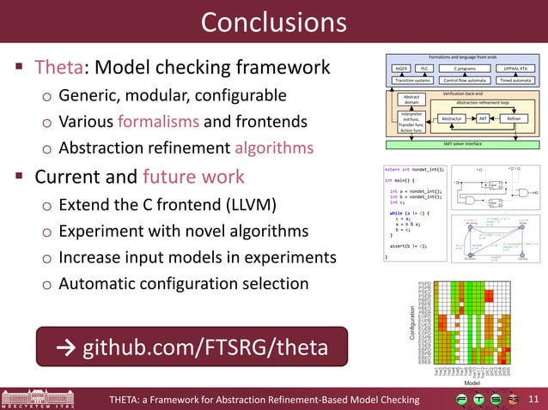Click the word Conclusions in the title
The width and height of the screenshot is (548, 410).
[x=273, y=23]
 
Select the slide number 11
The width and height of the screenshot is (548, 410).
[x=533, y=399]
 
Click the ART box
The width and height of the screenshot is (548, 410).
[x=483, y=118]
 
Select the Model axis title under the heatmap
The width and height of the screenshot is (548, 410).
[x=472, y=383]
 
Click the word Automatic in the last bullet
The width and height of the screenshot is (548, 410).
[x=97, y=283]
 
